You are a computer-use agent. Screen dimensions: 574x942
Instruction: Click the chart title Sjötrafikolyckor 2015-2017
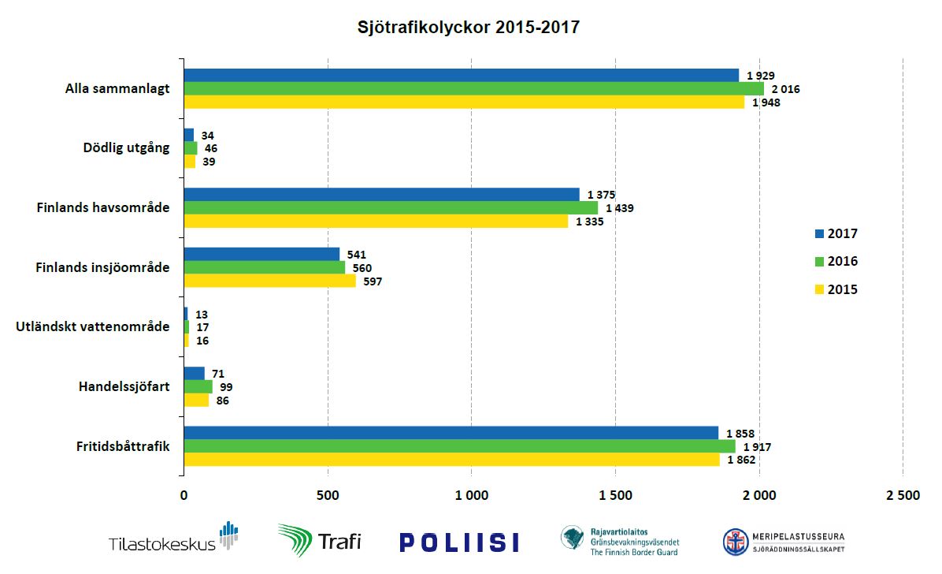(x=469, y=28)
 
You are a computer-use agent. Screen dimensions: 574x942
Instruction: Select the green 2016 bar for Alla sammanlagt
(x=473, y=89)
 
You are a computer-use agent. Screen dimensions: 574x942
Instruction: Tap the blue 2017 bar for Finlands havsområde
(x=381, y=194)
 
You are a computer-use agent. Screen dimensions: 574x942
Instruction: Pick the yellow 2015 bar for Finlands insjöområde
(x=269, y=281)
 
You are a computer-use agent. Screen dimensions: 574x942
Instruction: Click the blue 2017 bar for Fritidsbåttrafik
(x=451, y=433)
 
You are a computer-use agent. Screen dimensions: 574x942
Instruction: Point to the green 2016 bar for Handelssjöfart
(x=198, y=387)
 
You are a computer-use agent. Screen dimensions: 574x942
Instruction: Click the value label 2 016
(x=786, y=89)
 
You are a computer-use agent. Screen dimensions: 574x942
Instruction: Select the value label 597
(x=373, y=281)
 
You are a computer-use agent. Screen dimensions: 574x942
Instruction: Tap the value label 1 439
(x=620, y=208)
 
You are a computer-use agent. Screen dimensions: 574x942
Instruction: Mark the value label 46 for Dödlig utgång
(x=210, y=148)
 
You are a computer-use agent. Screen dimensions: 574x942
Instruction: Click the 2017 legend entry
(x=836, y=233)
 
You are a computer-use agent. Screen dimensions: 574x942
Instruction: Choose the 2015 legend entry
(x=836, y=289)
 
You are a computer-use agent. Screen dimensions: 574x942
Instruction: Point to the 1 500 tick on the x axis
(x=615, y=496)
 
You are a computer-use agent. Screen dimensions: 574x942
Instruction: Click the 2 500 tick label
(x=903, y=496)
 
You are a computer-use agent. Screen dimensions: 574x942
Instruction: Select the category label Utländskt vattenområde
(x=93, y=326)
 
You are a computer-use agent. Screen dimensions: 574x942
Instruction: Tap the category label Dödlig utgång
(x=126, y=147)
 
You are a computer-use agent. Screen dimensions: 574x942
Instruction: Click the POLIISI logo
(x=459, y=542)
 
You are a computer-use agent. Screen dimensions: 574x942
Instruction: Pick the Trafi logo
(x=319, y=541)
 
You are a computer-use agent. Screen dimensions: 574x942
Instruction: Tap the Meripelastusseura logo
(x=784, y=542)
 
